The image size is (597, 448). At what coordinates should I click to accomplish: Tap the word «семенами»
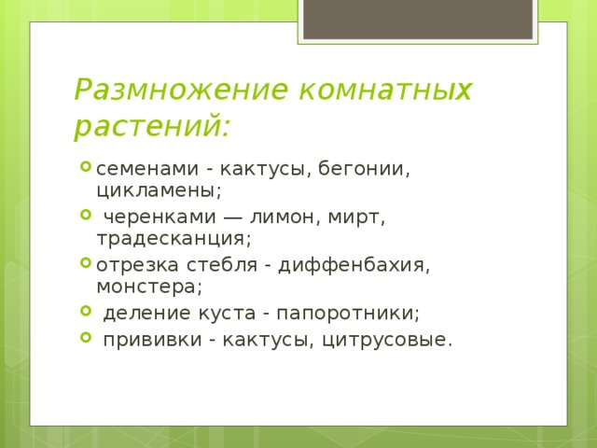point(140,170)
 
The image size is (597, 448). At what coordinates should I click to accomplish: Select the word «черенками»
point(150,217)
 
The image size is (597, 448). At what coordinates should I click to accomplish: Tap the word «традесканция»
point(173,238)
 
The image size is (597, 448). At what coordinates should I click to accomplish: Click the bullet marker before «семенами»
point(85,169)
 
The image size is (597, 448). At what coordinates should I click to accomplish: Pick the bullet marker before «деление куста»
point(85,311)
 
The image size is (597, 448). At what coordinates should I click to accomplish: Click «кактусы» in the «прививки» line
point(266,339)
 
